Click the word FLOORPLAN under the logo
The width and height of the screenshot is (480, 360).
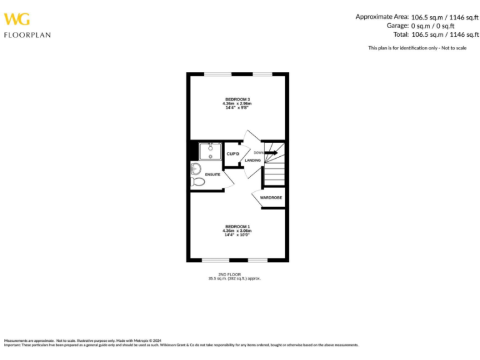point(27,35)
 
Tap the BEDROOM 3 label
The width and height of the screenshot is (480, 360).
point(237,99)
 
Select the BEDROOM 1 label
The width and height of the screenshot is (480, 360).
point(237,226)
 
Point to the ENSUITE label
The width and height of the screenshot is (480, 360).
point(212,174)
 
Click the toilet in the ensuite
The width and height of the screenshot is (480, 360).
point(198,182)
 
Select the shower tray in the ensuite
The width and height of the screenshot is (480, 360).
point(210,152)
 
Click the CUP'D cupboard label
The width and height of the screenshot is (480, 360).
point(233,154)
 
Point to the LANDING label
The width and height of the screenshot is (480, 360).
point(252,161)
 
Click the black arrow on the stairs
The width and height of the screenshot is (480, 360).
point(271,152)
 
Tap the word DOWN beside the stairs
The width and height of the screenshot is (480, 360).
point(258,152)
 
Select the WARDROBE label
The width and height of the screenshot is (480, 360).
point(271,197)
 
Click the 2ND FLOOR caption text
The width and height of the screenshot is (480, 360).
point(234,274)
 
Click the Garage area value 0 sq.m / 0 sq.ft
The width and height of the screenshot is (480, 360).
point(432,26)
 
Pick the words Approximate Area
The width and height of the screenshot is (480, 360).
point(382,17)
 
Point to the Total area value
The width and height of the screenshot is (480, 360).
point(444,35)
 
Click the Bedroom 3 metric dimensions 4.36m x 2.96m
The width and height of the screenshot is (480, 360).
point(237,103)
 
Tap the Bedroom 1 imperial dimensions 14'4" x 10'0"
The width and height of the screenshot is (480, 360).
point(237,234)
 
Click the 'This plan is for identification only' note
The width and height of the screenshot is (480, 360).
point(417,48)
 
